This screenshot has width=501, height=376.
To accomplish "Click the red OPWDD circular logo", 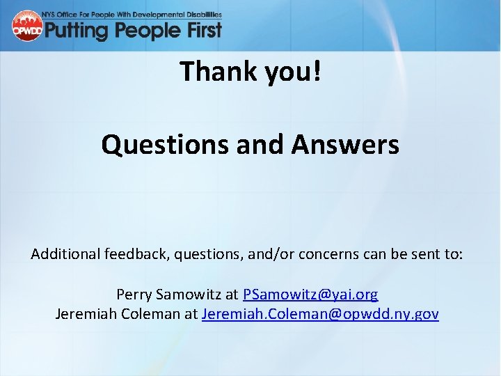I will [x=27, y=26].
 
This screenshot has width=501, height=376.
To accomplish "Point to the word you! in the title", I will [x=293, y=71].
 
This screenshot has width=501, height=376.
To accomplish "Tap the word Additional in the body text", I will [x=66, y=254].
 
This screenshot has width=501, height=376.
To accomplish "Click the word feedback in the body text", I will [x=135, y=254].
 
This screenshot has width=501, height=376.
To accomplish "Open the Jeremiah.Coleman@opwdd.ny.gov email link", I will [x=320, y=314].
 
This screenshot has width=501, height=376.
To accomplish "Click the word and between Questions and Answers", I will [x=264, y=145].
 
